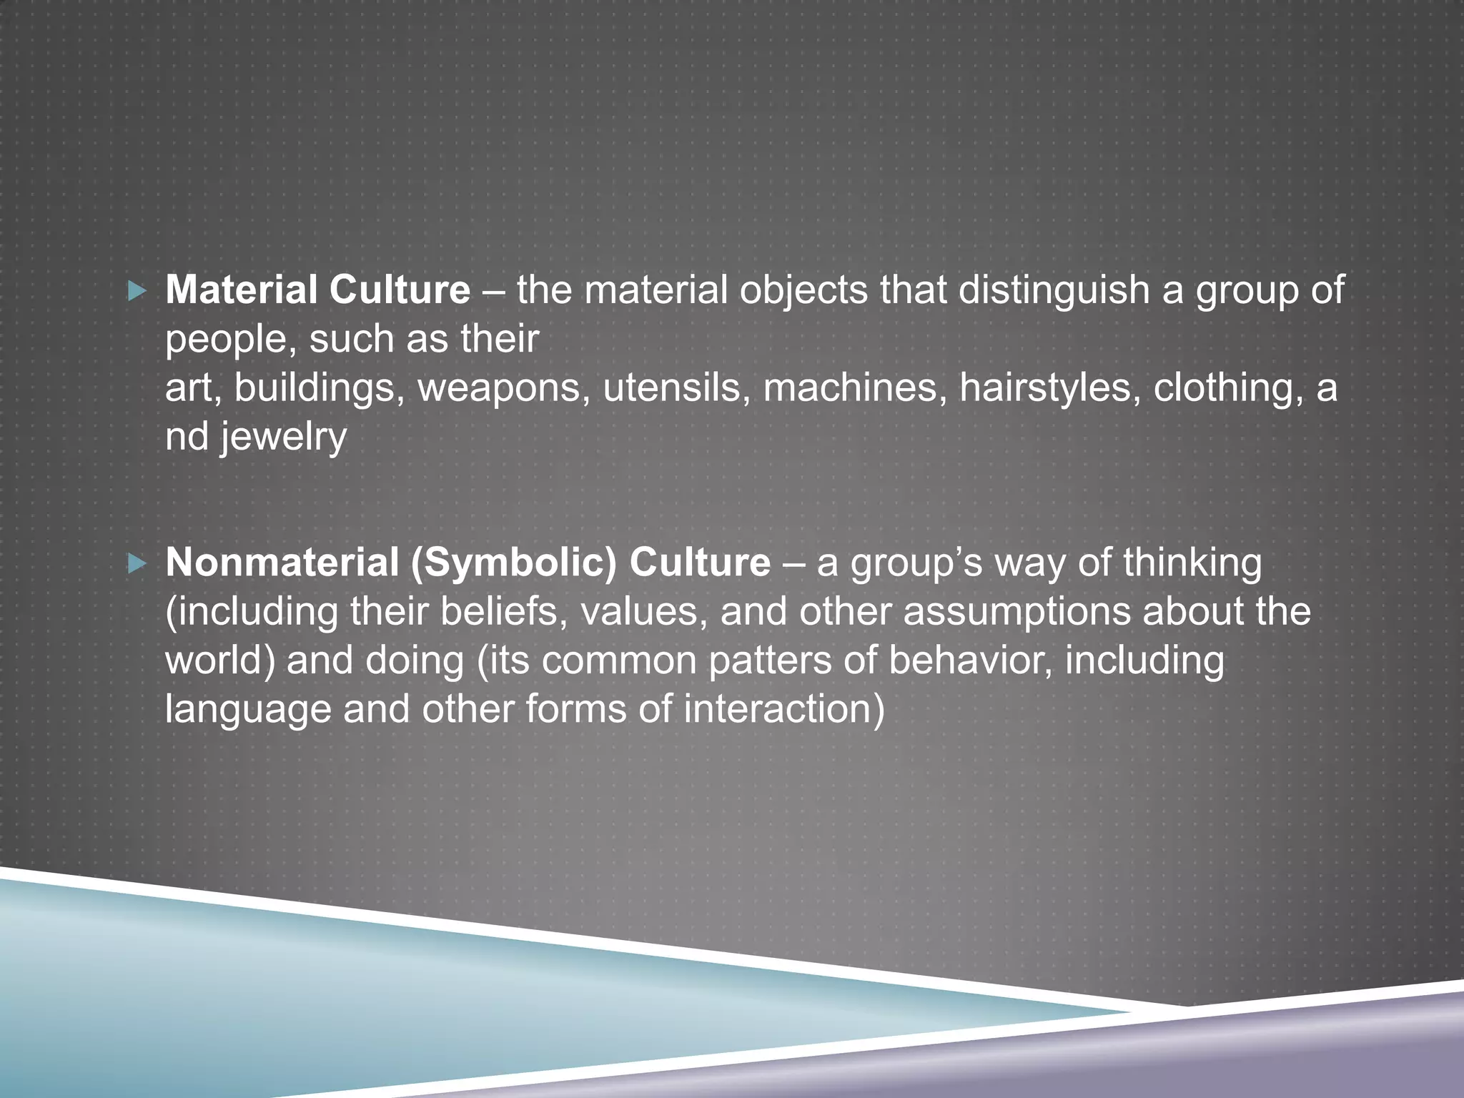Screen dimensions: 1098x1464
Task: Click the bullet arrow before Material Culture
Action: click(137, 291)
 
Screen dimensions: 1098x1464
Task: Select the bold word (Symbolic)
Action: click(514, 564)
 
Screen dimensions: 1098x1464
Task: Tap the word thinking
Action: click(1192, 563)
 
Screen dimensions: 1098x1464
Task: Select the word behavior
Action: click(970, 661)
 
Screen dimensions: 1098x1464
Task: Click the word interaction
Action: click(783, 709)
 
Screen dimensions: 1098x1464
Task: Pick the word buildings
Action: click(314, 388)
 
